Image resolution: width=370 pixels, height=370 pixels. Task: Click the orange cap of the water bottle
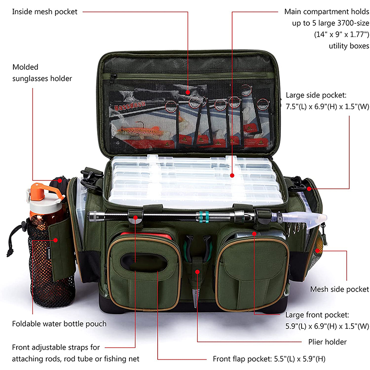[45, 191]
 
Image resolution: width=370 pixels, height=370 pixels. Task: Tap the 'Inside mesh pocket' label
[44, 12]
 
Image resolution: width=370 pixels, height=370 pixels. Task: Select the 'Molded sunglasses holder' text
[42, 73]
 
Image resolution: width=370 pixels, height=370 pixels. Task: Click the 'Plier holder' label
[327, 342]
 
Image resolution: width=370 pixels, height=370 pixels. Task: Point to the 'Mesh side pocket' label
[339, 289]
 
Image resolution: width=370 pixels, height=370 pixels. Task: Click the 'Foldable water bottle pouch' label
[59, 324]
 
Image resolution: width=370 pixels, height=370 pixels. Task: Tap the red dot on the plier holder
[197, 272]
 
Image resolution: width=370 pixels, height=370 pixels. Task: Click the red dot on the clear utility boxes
[232, 175]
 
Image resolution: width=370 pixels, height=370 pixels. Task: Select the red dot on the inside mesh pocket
[188, 92]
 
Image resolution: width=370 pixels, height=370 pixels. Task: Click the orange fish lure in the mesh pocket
[139, 130]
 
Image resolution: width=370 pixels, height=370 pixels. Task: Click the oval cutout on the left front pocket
[144, 262]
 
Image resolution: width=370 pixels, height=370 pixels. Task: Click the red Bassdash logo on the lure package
[130, 106]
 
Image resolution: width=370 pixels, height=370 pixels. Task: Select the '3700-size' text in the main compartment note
[353, 23]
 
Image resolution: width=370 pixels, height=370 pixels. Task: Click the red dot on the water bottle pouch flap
[55, 240]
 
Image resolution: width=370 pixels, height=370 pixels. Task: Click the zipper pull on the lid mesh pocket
[113, 77]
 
